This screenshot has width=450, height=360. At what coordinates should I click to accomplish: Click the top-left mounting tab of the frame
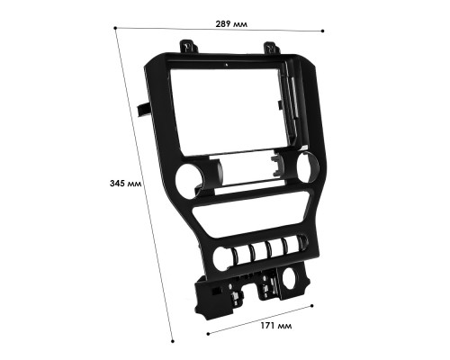[x=187, y=46]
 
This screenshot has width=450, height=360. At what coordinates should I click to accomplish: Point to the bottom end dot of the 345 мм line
[x=173, y=341]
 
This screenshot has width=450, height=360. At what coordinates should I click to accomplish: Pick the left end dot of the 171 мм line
[x=208, y=333]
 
